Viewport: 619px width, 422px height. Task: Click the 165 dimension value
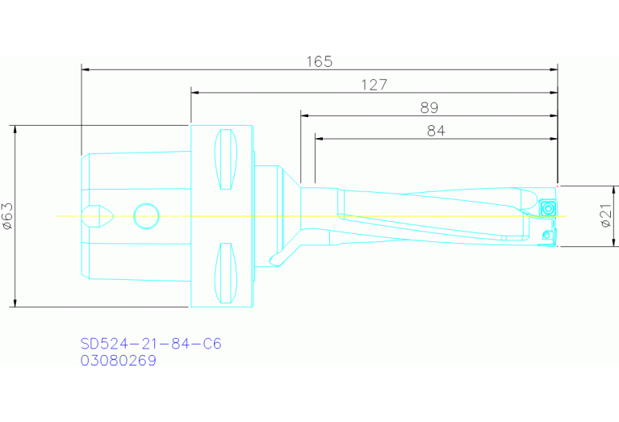(x=320, y=62)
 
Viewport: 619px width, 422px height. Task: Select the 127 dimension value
(x=374, y=85)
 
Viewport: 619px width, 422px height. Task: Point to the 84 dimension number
(x=436, y=131)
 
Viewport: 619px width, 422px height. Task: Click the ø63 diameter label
(x=7, y=216)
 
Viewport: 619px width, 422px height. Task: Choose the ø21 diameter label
(x=606, y=216)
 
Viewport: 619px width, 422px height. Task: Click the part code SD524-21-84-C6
(x=150, y=344)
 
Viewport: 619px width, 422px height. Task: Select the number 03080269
(x=118, y=361)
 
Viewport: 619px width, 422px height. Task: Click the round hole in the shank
(x=147, y=216)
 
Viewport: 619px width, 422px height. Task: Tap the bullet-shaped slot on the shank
(x=98, y=215)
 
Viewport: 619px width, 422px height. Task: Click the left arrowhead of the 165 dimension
(x=86, y=69)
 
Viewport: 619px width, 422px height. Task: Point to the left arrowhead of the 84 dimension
(x=320, y=139)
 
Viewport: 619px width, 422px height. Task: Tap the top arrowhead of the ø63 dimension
(x=15, y=130)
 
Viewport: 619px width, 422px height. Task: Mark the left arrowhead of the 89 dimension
(x=305, y=115)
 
